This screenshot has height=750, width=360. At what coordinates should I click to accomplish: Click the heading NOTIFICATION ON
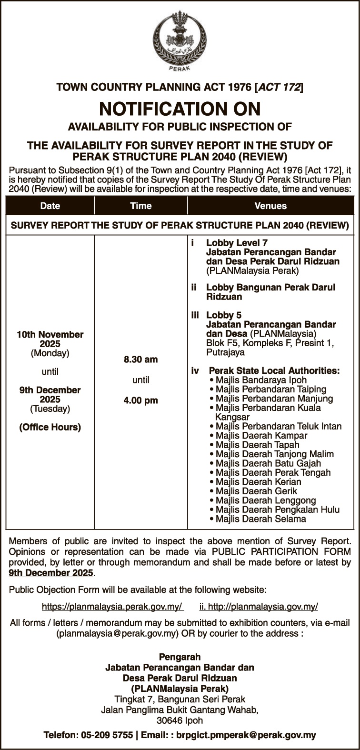pos(180,109)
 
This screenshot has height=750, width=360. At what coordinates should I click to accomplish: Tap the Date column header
pos(50,206)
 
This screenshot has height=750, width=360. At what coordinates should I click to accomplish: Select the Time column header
pos(140,206)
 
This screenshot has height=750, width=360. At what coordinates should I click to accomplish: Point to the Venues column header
pos(270,206)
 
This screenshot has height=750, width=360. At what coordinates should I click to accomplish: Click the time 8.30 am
pos(140,360)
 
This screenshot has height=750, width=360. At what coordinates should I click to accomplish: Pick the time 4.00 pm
pos(140,400)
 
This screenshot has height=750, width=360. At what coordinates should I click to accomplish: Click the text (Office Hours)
pos(50,427)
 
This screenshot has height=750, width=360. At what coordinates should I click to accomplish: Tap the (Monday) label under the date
pos(50,353)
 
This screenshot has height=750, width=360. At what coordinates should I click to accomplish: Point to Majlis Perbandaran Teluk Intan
pos(278,426)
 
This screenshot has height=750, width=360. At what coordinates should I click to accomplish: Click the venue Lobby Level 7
pos(237,243)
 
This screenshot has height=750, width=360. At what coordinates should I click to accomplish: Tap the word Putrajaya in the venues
pos(225,353)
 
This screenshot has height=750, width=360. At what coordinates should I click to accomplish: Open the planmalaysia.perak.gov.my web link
pos(112,607)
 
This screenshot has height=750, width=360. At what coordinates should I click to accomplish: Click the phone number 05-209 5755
pos(105,735)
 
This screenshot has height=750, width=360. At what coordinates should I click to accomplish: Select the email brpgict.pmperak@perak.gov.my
pos(246,735)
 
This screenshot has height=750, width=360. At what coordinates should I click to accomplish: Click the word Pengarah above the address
pos(180,657)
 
